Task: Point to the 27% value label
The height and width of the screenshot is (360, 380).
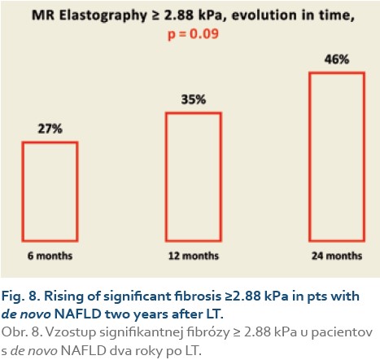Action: [50, 129]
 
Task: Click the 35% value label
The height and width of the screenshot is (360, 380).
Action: [194, 99]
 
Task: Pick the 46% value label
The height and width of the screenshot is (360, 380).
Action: [337, 59]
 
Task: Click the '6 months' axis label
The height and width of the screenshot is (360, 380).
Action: [50, 256]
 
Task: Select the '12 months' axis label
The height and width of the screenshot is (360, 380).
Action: [194, 256]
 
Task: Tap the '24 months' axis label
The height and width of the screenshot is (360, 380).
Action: [337, 256]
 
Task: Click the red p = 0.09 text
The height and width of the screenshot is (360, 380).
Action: [193, 34]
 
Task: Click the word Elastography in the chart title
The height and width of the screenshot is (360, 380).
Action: [103, 15]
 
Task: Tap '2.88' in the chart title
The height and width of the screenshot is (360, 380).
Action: [179, 15]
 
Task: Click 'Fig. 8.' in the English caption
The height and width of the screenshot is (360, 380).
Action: [21, 296]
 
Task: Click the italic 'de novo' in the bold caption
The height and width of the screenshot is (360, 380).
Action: [26, 314]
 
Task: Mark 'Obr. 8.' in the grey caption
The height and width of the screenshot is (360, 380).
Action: [22, 332]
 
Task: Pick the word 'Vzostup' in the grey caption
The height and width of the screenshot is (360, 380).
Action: [71, 333]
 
